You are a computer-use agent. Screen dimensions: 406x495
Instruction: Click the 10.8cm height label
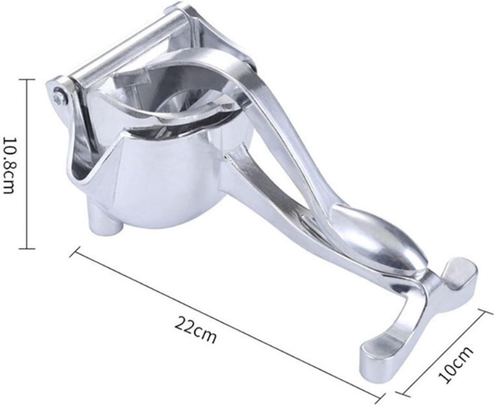pyautogui.click(x=10, y=164)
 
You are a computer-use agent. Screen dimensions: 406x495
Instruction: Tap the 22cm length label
pyautogui.click(x=195, y=330)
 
